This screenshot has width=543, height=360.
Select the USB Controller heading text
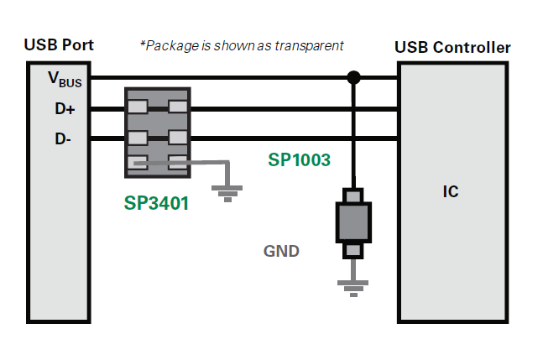(x=452, y=47)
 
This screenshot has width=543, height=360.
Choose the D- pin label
(x=64, y=139)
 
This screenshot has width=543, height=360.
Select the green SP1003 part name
(x=300, y=159)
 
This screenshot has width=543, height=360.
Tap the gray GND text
(x=281, y=250)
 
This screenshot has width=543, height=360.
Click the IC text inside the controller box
(x=451, y=192)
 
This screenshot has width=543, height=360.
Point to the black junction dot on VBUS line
(x=353, y=78)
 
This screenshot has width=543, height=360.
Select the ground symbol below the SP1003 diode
(x=353, y=287)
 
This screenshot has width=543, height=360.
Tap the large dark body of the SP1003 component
(x=353, y=221)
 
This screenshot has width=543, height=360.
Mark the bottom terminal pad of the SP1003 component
(x=353, y=249)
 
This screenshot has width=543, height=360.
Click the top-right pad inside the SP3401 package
(x=177, y=107)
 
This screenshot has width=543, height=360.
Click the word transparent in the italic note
(x=313, y=45)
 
